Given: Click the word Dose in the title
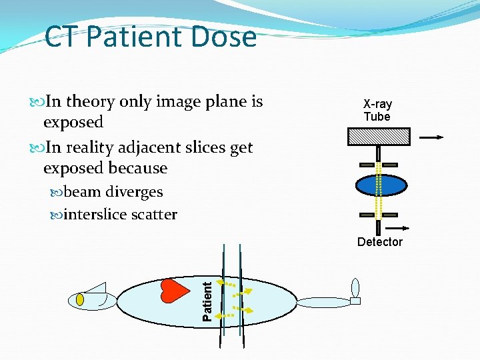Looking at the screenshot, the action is [x=226, y=37].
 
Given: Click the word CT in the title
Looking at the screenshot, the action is [x=62, y=37].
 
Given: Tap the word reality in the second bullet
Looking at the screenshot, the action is [x=91, y=147].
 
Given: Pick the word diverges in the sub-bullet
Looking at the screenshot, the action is [x=134, y=191].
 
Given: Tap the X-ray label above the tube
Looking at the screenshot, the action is [x=377, y=104].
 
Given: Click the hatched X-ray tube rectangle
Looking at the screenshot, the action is [x=378, y=137].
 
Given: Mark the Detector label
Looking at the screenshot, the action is [x=379, y=242].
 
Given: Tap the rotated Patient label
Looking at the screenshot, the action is [x=207, y=301].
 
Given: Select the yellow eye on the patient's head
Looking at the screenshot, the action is [x=80, y=299].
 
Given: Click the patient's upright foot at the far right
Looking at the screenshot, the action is [x=355, y=288].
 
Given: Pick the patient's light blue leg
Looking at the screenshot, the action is [x=323, y=303].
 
